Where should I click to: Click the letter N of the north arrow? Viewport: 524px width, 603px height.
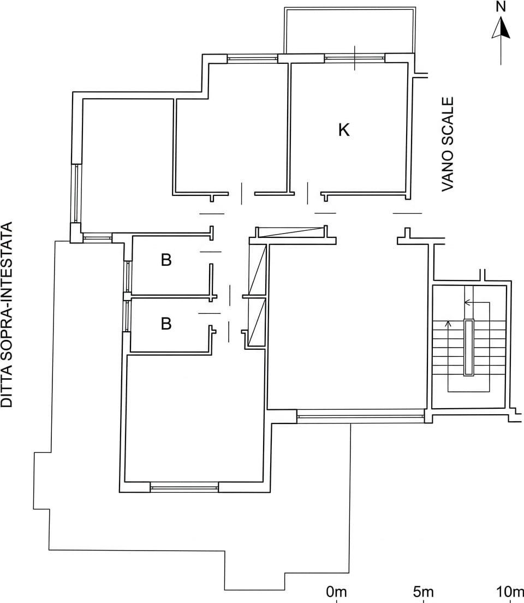click(x=501, y=7)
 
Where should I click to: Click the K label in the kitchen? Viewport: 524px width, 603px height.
click(x=344, y=130)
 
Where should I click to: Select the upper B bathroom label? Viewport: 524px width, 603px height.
click(x=166, y=260)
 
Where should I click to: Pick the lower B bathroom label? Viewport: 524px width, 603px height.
click(x=166, y=324)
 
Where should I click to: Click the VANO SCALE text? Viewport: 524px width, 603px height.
click(x=448, y=144)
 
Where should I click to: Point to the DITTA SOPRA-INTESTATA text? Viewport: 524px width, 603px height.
click(x=7, y=314)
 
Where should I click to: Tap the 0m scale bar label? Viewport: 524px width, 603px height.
click(x=336, y=592)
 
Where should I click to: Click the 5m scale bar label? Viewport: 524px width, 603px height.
click(x=423, y=592)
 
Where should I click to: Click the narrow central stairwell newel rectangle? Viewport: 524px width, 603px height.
click(x=468, y=347)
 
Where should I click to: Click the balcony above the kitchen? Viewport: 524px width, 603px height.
click(x=350, y=30)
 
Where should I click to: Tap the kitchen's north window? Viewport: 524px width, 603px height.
click(x=354, y=58)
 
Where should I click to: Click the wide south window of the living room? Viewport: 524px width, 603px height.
click(x=360, y=416)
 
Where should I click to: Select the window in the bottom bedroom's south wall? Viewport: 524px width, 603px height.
click(x=184, y=488)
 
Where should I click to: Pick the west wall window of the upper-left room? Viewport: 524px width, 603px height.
click(x=76, y=193)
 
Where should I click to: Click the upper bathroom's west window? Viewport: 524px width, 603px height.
click(x=127, y=276)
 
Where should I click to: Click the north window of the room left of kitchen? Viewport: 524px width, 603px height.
click(x=252, y=58)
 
